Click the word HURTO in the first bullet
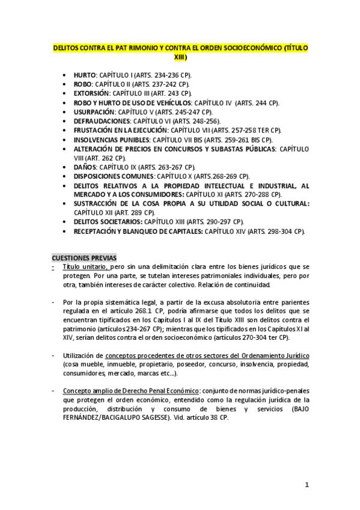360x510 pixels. [84, 75]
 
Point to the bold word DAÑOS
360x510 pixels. [85, 167]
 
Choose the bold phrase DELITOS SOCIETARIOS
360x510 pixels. [104, 222]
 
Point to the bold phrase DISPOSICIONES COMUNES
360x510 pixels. [114, 176]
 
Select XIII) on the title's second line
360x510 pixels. [180, 58]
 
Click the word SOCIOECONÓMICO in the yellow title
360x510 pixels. [237, 47]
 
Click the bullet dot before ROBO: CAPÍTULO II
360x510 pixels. [65, 84]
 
